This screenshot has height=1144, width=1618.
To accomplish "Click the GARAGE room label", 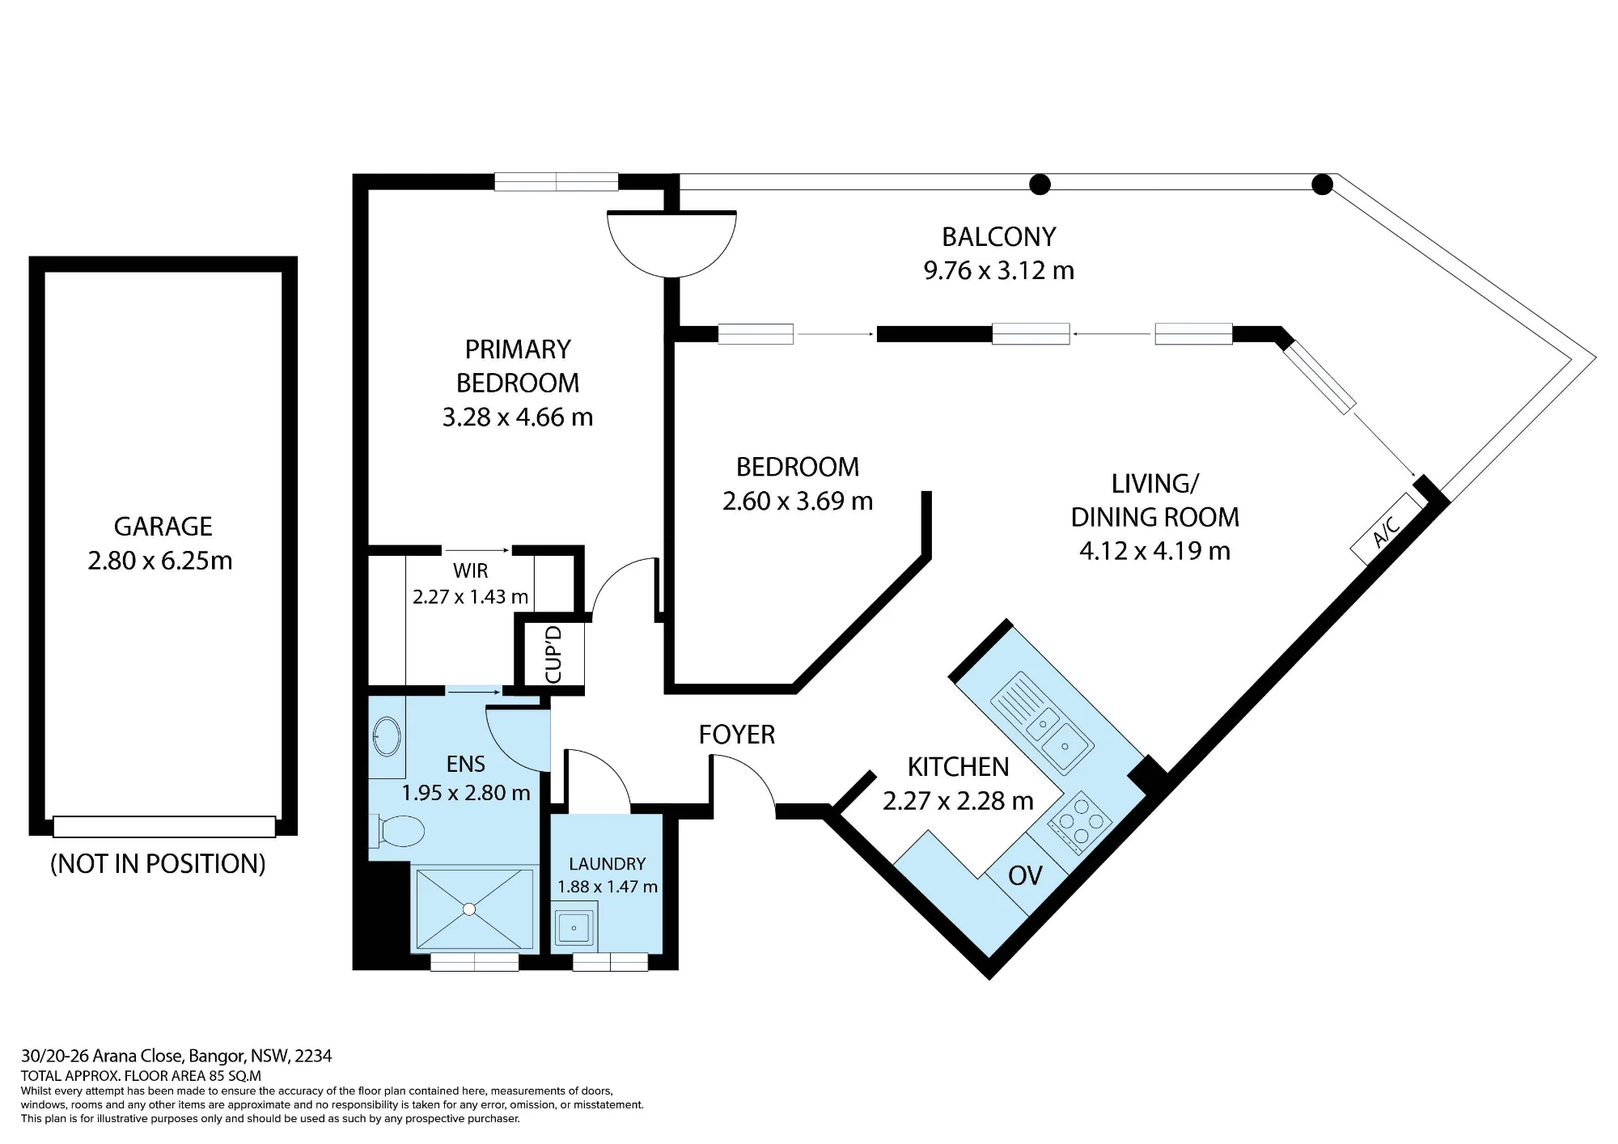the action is (x=163, y=527).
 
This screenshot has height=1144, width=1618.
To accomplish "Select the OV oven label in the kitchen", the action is (x=1025, y=875).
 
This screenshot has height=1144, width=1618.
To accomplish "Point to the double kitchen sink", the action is (x=1044, y=722).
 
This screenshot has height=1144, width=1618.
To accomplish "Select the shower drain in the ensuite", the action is (x=470, y=909).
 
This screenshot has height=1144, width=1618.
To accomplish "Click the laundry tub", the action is (x=574, y=927).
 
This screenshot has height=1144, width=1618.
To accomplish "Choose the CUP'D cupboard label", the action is (x=554, y=654).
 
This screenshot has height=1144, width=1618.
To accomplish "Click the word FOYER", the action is (x=737, y=735).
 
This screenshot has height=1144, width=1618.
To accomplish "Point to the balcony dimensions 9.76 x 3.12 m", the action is (x=999, y=270).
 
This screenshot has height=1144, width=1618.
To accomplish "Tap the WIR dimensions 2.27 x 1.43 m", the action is (x=470, y=597).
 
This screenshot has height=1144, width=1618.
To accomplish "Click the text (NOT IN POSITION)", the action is (x=159, y=864).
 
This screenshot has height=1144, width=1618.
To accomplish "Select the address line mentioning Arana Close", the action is (x=176, y=1056).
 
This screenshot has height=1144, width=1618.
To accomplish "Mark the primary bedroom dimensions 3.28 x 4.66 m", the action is (x=518, y=417).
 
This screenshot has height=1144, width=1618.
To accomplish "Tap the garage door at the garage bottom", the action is (x=164, y=827).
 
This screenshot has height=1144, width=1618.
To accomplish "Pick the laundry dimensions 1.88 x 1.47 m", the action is (x=608, y=887).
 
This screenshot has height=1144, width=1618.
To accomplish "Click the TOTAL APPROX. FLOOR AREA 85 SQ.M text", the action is (x=142, y=1076).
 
